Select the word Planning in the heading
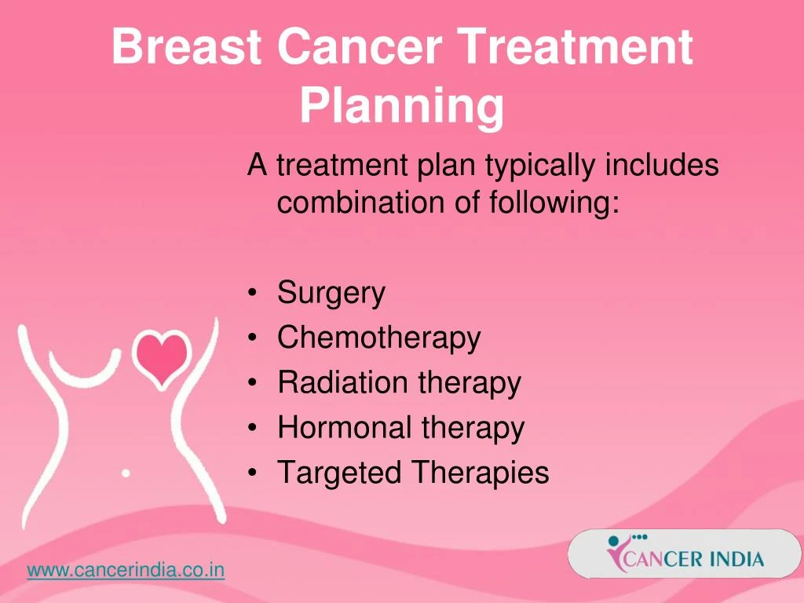point(402,107)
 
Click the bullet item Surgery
point(331,294)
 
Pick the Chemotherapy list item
point(379,338)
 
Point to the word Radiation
point(342,382)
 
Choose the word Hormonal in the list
point(345,427)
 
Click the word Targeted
point(339,473)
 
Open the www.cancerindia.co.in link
point(126,570)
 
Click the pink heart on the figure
point(162,358)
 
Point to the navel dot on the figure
point(126,473)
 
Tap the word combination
point(360,202)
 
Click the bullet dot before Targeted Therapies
point(252,473)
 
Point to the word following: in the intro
point(555,203)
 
